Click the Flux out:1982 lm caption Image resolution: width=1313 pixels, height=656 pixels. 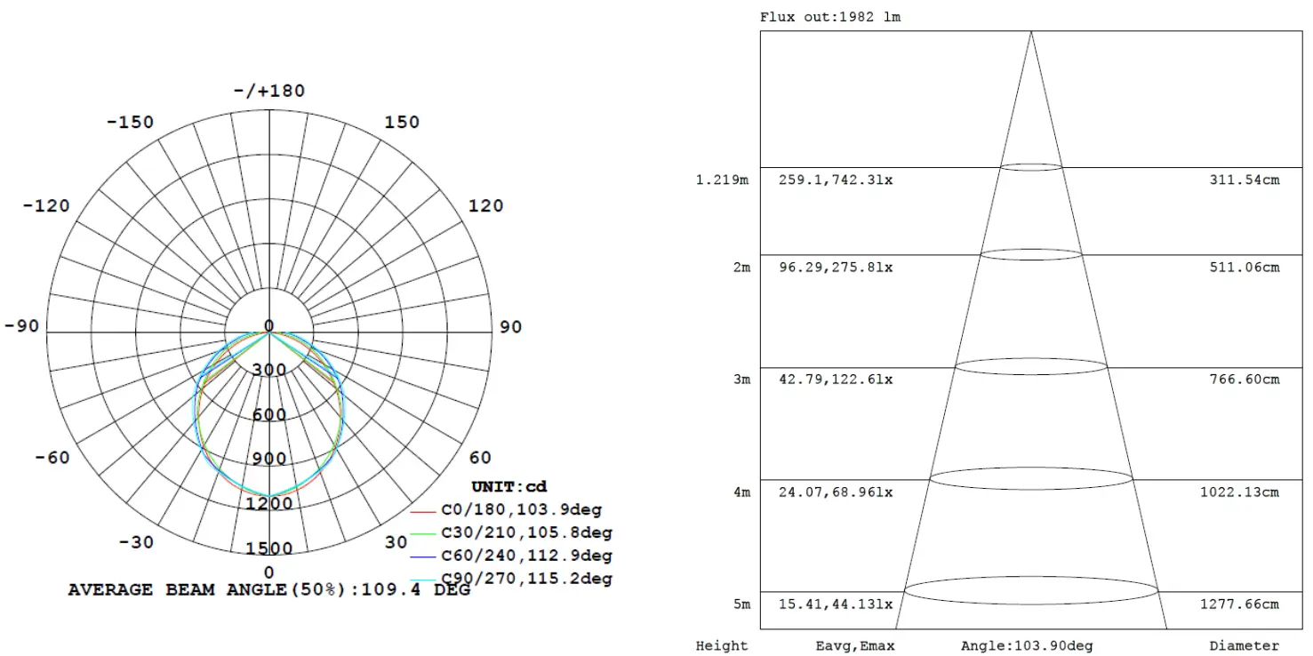830,17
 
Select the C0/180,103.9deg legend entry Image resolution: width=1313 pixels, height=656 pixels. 521,510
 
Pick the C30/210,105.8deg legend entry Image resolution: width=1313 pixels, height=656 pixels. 526,533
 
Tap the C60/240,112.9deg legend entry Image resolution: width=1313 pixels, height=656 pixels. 526,556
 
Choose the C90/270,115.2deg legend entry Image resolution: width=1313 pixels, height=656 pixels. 526,579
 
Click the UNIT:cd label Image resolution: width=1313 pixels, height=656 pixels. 508,486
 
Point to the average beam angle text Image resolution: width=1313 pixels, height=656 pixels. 269,589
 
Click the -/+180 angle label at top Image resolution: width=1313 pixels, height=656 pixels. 269,91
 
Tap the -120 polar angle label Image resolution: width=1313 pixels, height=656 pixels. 46,205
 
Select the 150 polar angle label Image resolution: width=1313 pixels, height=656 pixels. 402,122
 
